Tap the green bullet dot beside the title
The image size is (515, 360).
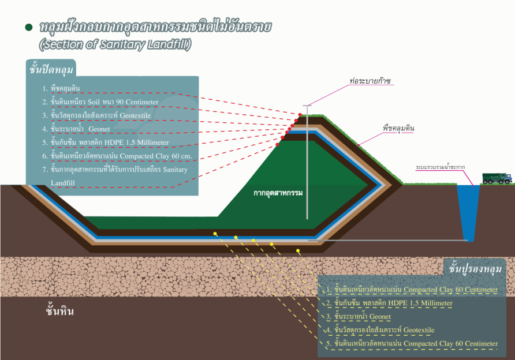point(28,28)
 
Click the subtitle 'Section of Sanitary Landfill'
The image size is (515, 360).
point(115,44)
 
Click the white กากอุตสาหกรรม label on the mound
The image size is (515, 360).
point(278,192)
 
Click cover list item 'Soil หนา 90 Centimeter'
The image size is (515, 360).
point(104,102)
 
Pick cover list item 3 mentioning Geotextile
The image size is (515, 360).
point(107,115)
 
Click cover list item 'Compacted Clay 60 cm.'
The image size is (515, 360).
point(124,156)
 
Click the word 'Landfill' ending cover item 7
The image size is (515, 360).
point(63,182)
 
